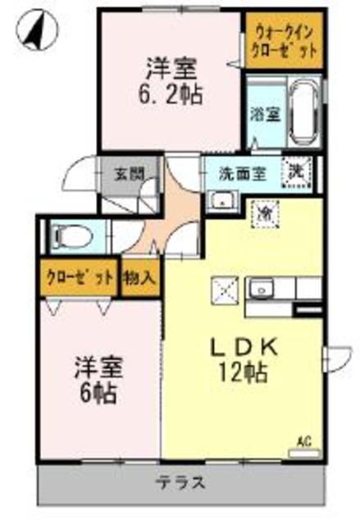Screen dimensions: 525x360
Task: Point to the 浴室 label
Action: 262,114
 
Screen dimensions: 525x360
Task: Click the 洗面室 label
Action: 241,173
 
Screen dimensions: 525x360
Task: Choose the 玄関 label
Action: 127,173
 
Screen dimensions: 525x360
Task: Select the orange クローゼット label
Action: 79,277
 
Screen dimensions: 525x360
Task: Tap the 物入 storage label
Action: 140,277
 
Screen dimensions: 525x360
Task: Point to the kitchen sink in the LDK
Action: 262,289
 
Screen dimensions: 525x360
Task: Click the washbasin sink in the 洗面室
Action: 220,201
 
